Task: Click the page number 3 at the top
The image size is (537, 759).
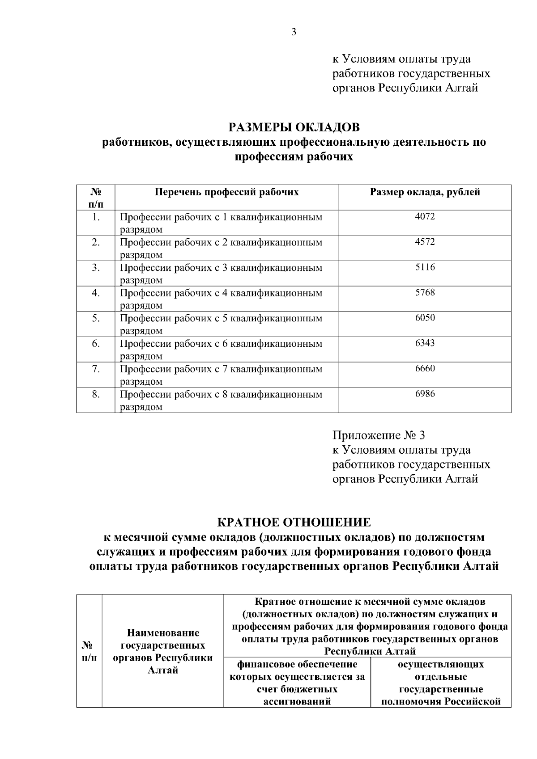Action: (x=294, y=32)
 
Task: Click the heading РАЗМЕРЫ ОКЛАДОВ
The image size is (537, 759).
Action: (x=294, y=127)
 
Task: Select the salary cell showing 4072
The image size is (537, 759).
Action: (x=425, y=217)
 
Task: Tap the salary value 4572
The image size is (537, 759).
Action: (x=425, y=242)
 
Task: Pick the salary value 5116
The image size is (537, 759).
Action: (x=425, y=267)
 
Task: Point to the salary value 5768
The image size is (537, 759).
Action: (x=425, y=293)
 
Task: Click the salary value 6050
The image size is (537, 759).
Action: (x=425, y=318)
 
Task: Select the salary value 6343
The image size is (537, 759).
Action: (x=425, y=343)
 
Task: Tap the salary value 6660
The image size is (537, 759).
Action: (x=425, y=369)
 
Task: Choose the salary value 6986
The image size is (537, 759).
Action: (x=425, y=394)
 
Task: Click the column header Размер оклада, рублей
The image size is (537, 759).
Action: (x=425, y=193)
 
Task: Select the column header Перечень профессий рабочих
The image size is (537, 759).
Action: (x=226, y=193)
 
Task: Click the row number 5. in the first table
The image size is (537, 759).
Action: (x=96, y=318)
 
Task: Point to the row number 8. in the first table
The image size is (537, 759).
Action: (x=96, y=394)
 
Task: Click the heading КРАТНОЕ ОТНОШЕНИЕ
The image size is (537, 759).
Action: (x=294, y=522)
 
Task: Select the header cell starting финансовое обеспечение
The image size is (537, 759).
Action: (x=297, y=683)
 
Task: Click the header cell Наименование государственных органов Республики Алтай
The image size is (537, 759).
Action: (x=163, y=652)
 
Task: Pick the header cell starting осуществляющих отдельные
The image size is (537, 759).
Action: (x=441, y=683)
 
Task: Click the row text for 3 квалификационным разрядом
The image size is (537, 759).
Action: (x=221, y=274)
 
